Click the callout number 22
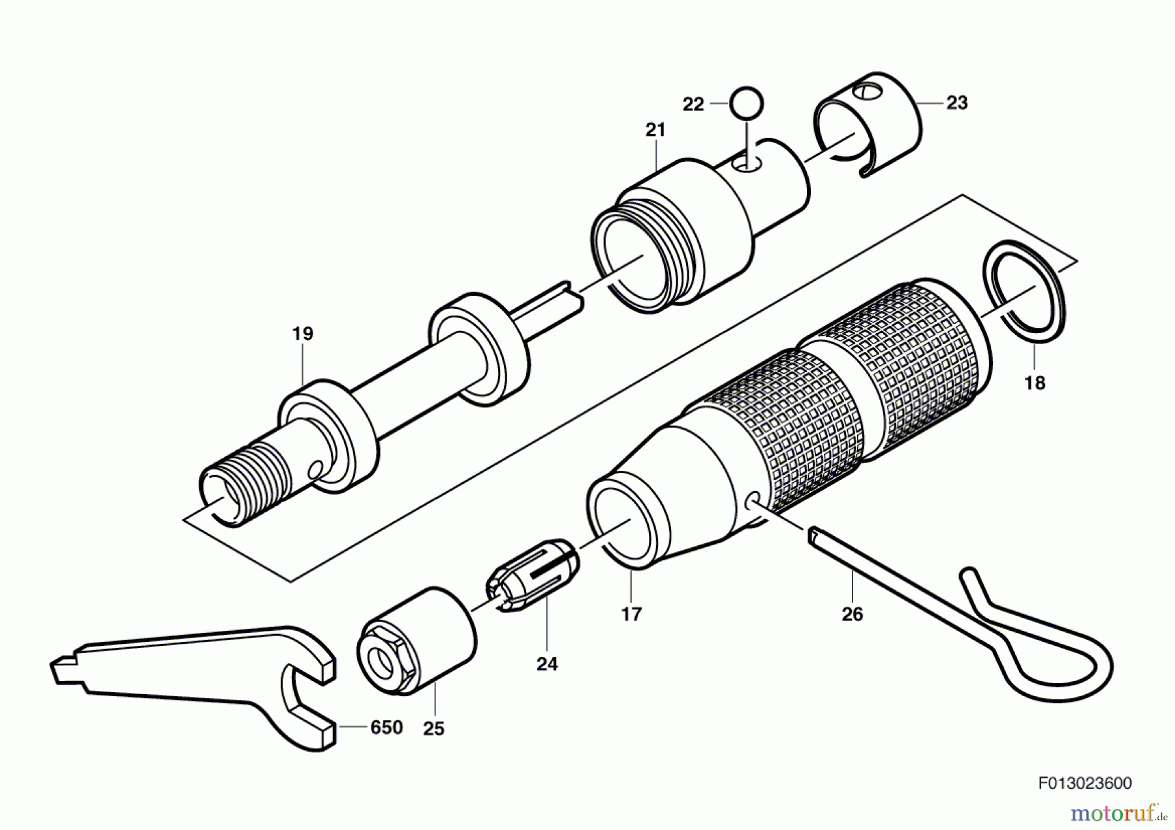click(693, 104)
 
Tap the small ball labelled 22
click(747, 104)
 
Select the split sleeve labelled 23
click(868, 124)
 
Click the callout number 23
click(956, 103)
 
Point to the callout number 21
click(655, 130)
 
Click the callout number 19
click(302, 334)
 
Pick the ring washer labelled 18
click(1024, 291)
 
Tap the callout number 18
click(1035, 383)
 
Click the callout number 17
click(631, 615)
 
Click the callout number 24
click(547, 664)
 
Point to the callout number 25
click(433, 729)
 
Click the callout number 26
click(852, 615)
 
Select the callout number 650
click(386, 727)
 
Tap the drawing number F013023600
click(1085, 783)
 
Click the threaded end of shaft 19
click(245, 480)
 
